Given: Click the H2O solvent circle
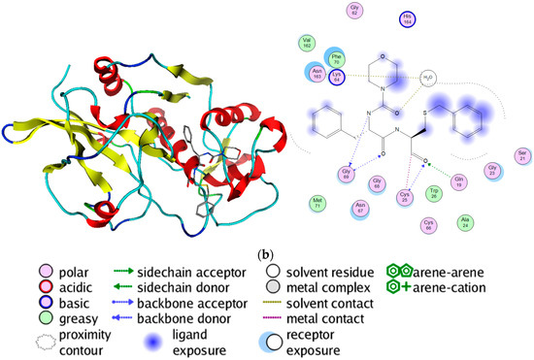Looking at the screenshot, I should [429, 78].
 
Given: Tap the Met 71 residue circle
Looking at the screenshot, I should [317, 204].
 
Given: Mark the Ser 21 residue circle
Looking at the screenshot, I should [522, 156].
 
